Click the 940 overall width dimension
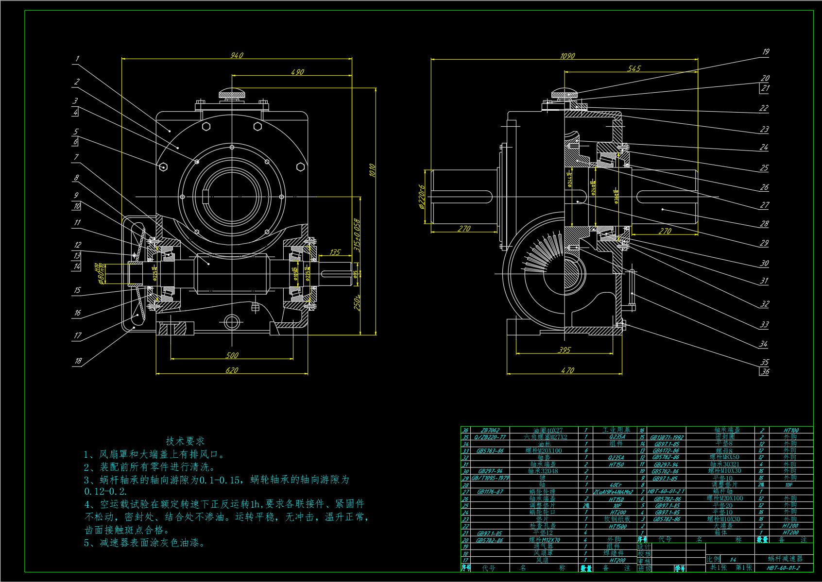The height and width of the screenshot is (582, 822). coord(237,55)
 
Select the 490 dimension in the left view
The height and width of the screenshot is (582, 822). coord(297,72)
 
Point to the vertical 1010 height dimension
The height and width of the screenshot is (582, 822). coord(372,170)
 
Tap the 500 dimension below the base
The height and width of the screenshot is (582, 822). coord(232,355)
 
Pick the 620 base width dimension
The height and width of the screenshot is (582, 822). coord(232,370)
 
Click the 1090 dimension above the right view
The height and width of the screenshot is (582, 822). coord(567,56)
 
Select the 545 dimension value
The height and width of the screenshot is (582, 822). coord(634,68)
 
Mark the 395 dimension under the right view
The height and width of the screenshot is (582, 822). coord(565,350)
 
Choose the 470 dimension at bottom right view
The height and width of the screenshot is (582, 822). coord(567,370)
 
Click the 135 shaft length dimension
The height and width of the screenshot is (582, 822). coord(335,252)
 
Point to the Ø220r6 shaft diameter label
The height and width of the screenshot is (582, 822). coord(422,197)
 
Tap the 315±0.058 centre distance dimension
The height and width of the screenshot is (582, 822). coord(357,235)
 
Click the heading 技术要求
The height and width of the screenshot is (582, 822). coord(185,441)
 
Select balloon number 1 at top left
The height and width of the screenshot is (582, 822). coord(77,59)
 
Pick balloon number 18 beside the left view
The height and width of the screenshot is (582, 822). coord(78,361)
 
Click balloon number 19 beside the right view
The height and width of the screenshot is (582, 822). coord(765,52)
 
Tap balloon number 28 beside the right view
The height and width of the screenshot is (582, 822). coord(764,224)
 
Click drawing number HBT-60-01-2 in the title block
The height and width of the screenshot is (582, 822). coord(783,568)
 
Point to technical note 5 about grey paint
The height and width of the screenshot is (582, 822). coord(144,543)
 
